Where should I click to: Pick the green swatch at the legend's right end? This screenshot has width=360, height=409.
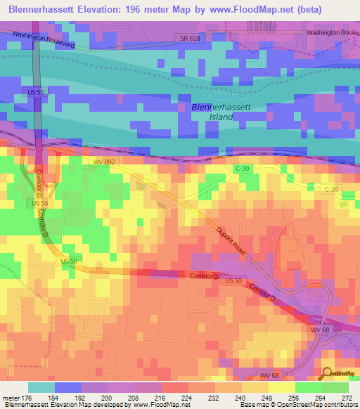(x=335, y=387)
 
